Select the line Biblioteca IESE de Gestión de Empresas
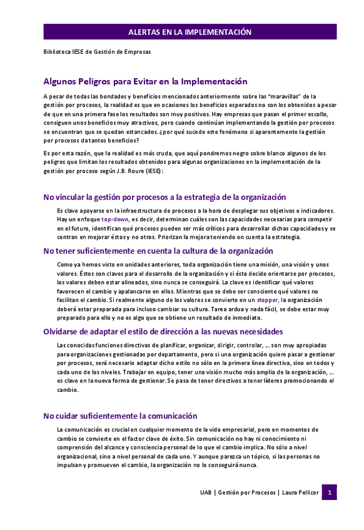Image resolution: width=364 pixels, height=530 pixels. pos(97,52)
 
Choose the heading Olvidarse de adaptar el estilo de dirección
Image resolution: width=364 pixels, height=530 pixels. pos(163,331)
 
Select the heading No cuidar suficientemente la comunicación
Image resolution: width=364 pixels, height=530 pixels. pos(120,416)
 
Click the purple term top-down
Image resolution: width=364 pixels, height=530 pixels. pos(115,220)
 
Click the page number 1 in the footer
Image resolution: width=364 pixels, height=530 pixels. pos(330,492)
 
